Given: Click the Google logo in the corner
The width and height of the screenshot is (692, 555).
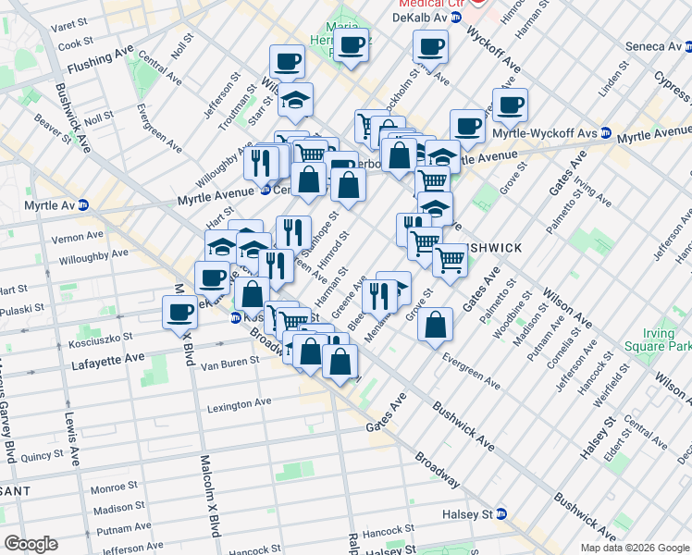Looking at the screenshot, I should click(31, 544).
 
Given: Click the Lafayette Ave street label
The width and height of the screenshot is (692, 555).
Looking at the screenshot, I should click(108, 356).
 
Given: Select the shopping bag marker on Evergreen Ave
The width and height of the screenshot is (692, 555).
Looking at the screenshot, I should click(435, 326).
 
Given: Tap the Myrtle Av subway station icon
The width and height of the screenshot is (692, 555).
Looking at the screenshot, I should click(83, 204).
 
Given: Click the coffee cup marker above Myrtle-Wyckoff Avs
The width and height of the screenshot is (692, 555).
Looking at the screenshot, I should click(510, 105).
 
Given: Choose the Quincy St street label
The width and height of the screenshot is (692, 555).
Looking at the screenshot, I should click(40, 455).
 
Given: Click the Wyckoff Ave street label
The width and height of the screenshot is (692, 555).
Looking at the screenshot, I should click(505, 54).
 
